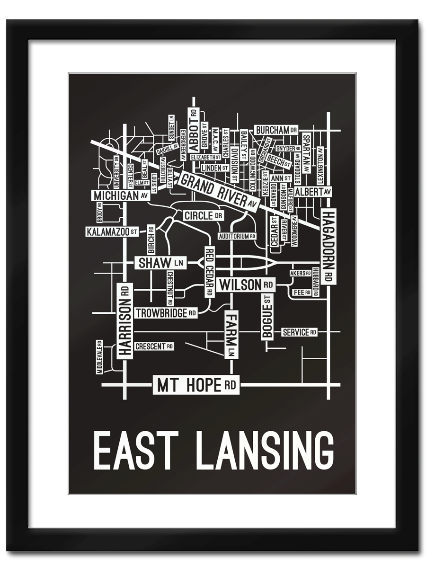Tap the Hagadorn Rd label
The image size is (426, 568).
tap(328, 247)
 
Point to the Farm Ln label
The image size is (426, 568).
tap(231, 334)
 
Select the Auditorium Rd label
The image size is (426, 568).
tap(237, 236)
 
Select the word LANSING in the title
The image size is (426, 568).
tap(265, 450)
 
